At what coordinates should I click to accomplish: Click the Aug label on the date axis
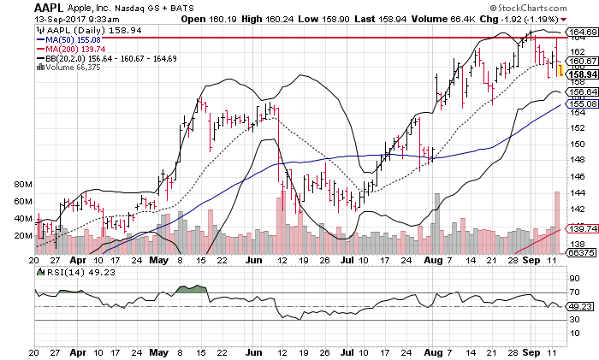[x=430, y=257]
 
